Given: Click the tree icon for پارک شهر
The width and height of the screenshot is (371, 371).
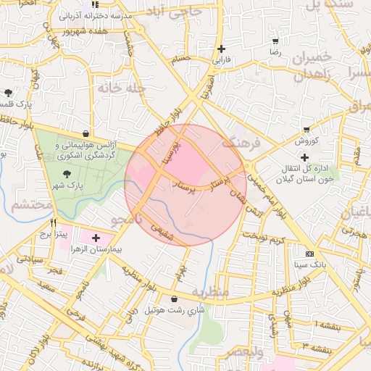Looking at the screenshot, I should click(x=67, y=174).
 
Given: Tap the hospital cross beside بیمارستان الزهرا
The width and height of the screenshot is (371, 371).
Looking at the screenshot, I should click(x=96, y=238).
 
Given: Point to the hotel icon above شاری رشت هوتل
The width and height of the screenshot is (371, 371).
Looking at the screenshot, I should click(x=174, y=299).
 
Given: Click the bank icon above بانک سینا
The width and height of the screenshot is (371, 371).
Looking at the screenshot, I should click(x=310, y=254).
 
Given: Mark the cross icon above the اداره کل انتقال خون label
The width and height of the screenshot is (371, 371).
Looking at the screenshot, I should click(x=304, y=157).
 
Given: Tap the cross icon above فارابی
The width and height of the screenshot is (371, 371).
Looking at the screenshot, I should click(x=221, y=49).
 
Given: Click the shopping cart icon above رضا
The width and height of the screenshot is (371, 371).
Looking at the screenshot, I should click(x=275, y=41).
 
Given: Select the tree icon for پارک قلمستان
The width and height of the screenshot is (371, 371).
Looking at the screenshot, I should click(x=8, y=93).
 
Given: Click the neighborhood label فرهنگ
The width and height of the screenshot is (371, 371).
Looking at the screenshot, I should click(x=241, y=143).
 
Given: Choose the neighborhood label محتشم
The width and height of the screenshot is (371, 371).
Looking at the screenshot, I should click(x=32, y=205).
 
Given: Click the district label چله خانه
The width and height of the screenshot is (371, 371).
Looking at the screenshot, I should click(x=125, y=88).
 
